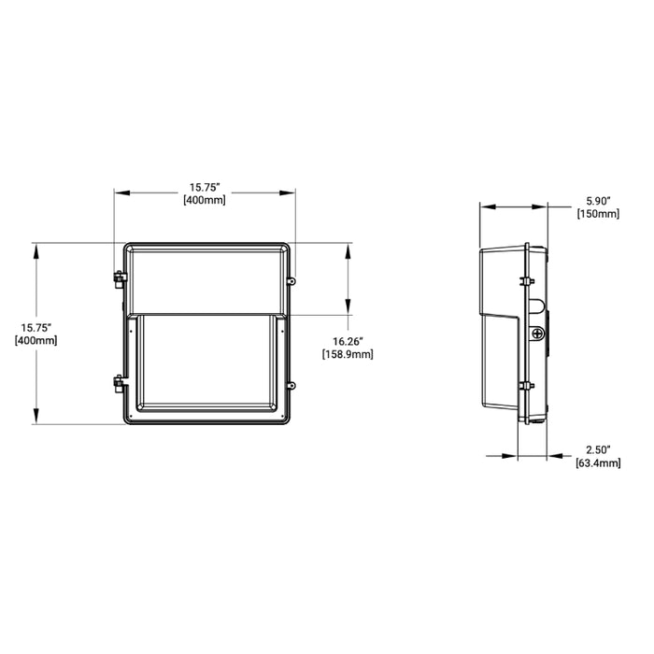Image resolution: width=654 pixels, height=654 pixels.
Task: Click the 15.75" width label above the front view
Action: tap(205, 186)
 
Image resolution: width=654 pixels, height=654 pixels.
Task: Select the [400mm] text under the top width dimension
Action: tap(205, 199)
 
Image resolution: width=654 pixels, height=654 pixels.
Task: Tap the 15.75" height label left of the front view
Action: tap(36, 327)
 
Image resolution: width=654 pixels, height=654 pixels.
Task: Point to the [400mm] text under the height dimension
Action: tap(36, 340)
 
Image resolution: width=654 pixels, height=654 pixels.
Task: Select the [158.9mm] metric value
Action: tap(347, 355)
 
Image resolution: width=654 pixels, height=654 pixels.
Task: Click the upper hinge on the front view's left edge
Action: tap(119, 277)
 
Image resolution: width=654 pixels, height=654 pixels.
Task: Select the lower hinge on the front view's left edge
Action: tap(119, 381)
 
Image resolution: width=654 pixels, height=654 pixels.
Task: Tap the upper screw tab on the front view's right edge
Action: tap(292, 280)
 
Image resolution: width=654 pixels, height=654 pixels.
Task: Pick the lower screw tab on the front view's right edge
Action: tap(292, 384)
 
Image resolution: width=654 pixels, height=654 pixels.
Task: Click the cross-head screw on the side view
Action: tap(537, 334)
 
